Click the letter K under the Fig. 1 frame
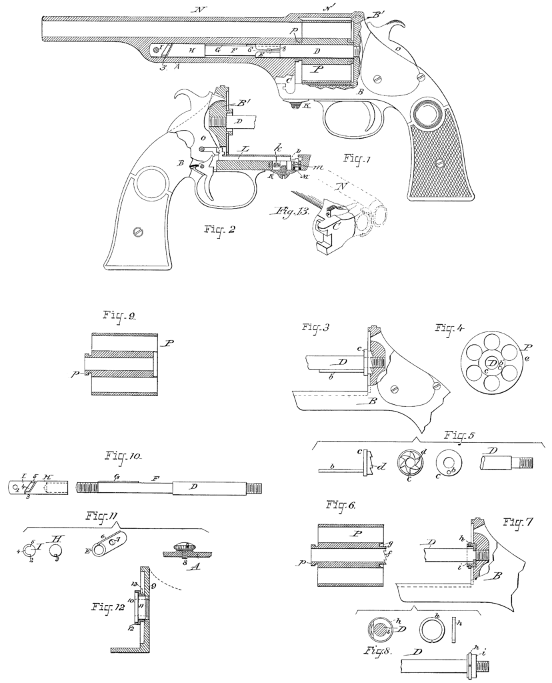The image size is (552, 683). [306, 106]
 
